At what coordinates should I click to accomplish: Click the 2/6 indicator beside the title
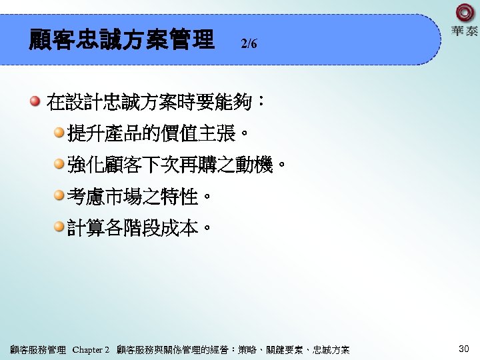click(249, 45)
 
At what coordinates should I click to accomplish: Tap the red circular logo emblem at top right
click(465, 13)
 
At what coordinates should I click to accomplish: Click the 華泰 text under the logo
click(465, 31)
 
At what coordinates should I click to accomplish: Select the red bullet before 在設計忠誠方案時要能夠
click(35, 102)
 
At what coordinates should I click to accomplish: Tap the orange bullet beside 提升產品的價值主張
click(59, 133)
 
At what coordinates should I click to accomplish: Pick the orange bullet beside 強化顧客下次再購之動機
click(59, 165)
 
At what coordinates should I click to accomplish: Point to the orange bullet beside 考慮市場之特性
click(59, 196)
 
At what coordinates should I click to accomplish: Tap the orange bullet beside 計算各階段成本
click(59, 227)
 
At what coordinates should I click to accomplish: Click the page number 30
click(465, 349)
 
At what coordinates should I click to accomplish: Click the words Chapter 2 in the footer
click(91, 350)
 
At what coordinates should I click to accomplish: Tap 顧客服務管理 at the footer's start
click(39, 350)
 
